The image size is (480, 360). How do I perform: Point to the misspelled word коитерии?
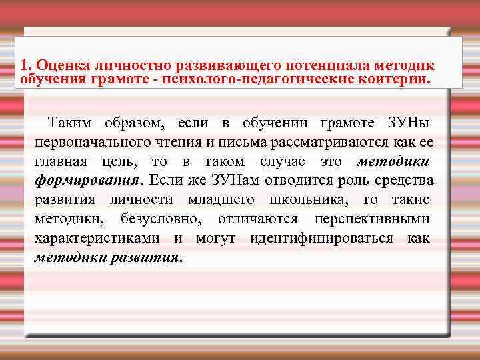point(403,79)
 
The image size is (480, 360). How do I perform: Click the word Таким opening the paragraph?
point(71,123)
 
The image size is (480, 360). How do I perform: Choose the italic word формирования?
point(89,181)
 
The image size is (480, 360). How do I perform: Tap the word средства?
point(407,181)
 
